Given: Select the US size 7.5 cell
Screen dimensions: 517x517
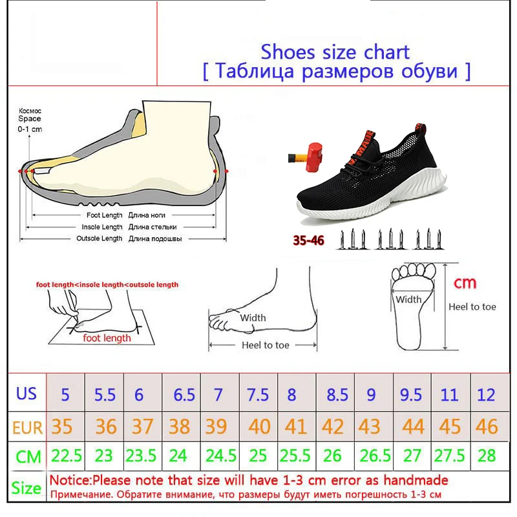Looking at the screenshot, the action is pyautogui.click(x=258, y=394).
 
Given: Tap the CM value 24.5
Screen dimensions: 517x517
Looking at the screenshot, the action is pyautogui.click(x=221, y=456).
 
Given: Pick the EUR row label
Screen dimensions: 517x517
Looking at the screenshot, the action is pyautogui.click(x=27, y=428).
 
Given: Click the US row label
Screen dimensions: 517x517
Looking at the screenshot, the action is pyautogui.click(x=26, y=393).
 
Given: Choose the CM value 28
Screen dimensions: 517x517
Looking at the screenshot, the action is pyautogui.click(x=487, y=456).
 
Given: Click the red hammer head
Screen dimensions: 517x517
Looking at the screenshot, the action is pyautogui.click(x=314, y=157).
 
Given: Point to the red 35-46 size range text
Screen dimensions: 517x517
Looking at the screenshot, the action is pyautogui.click(x=309, y=240).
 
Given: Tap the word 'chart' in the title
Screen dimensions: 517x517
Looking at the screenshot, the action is pyautogui.click(x=386, y=52).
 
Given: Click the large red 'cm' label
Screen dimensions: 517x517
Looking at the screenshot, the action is pyautogui.click(x=465, y=283).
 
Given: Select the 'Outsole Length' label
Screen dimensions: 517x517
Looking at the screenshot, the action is pyautogui.click(x=100, y=238).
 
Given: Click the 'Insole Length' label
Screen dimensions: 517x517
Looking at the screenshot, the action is pyautogui.click(x=102, y=227).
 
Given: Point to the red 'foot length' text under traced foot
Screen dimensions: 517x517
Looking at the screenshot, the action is pyautogui.click(x=107, y=338).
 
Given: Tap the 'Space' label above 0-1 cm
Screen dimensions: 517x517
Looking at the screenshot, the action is pyautogui.click(x=30, y=119).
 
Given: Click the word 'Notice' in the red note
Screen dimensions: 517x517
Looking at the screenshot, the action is pyautogui.click(x=69, y=480).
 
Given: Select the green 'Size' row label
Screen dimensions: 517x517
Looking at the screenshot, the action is pyautogui.click(x=26, y=488).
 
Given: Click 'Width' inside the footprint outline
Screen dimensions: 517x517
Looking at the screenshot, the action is pyautogui.click(x=408, y=299).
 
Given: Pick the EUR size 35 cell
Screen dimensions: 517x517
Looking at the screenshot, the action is pyautogui.click(x=61, y=427).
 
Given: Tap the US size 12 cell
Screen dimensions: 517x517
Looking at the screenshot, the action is pyautogui.click(x=487, y=394).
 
